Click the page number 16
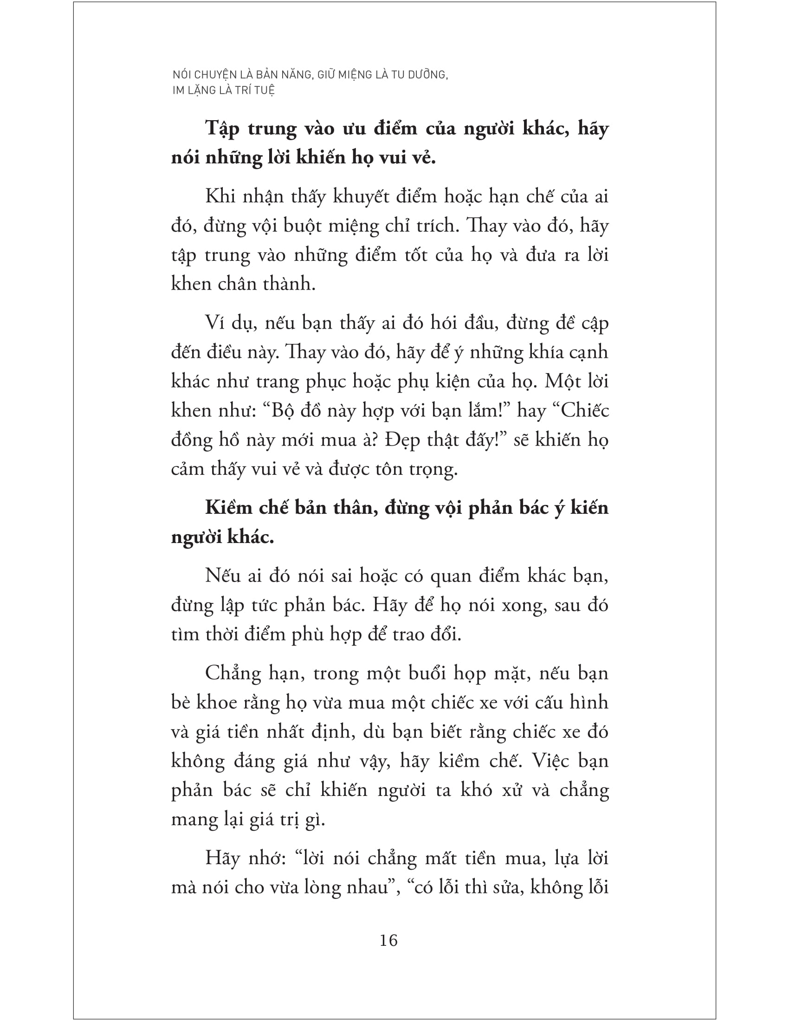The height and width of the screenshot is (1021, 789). (388, 940)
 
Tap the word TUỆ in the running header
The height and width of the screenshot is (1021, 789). (265, 90)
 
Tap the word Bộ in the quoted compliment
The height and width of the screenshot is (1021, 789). (281, 410)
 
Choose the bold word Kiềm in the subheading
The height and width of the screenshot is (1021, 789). (228, 508)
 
